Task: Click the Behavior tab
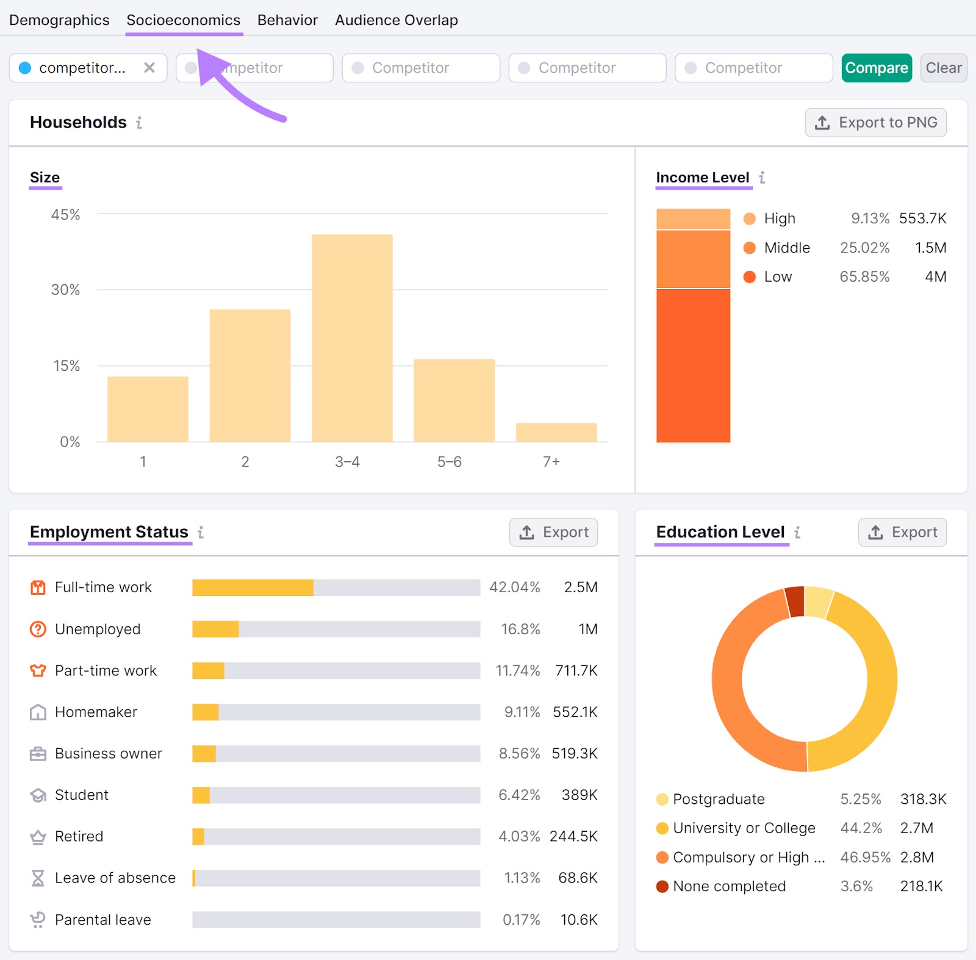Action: click(x=287, y=20)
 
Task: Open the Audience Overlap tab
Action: click(x=396, y=20)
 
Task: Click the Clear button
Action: click(x=943, y=68)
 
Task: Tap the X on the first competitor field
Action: click(x=149, y=68)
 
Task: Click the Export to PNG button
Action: click(x=875, y=123)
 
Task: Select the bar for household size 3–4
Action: click(x=352, y=339)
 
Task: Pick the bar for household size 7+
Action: click(x=556, y=432)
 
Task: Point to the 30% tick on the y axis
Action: click(x=65, y=290)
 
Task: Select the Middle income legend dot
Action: click(x=750, y=248)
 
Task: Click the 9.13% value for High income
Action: click(x=870, y=218)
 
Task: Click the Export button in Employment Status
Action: click(x=553, y=532)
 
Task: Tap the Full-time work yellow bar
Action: click(x=253, y=587)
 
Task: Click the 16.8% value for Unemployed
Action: click(x=520, y=629)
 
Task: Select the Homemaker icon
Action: click(x=38, y=712)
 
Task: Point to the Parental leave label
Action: click(x=102, y=919)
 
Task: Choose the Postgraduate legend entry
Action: click(x=718, y=799)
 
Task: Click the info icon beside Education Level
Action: click(x=797, y=532)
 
